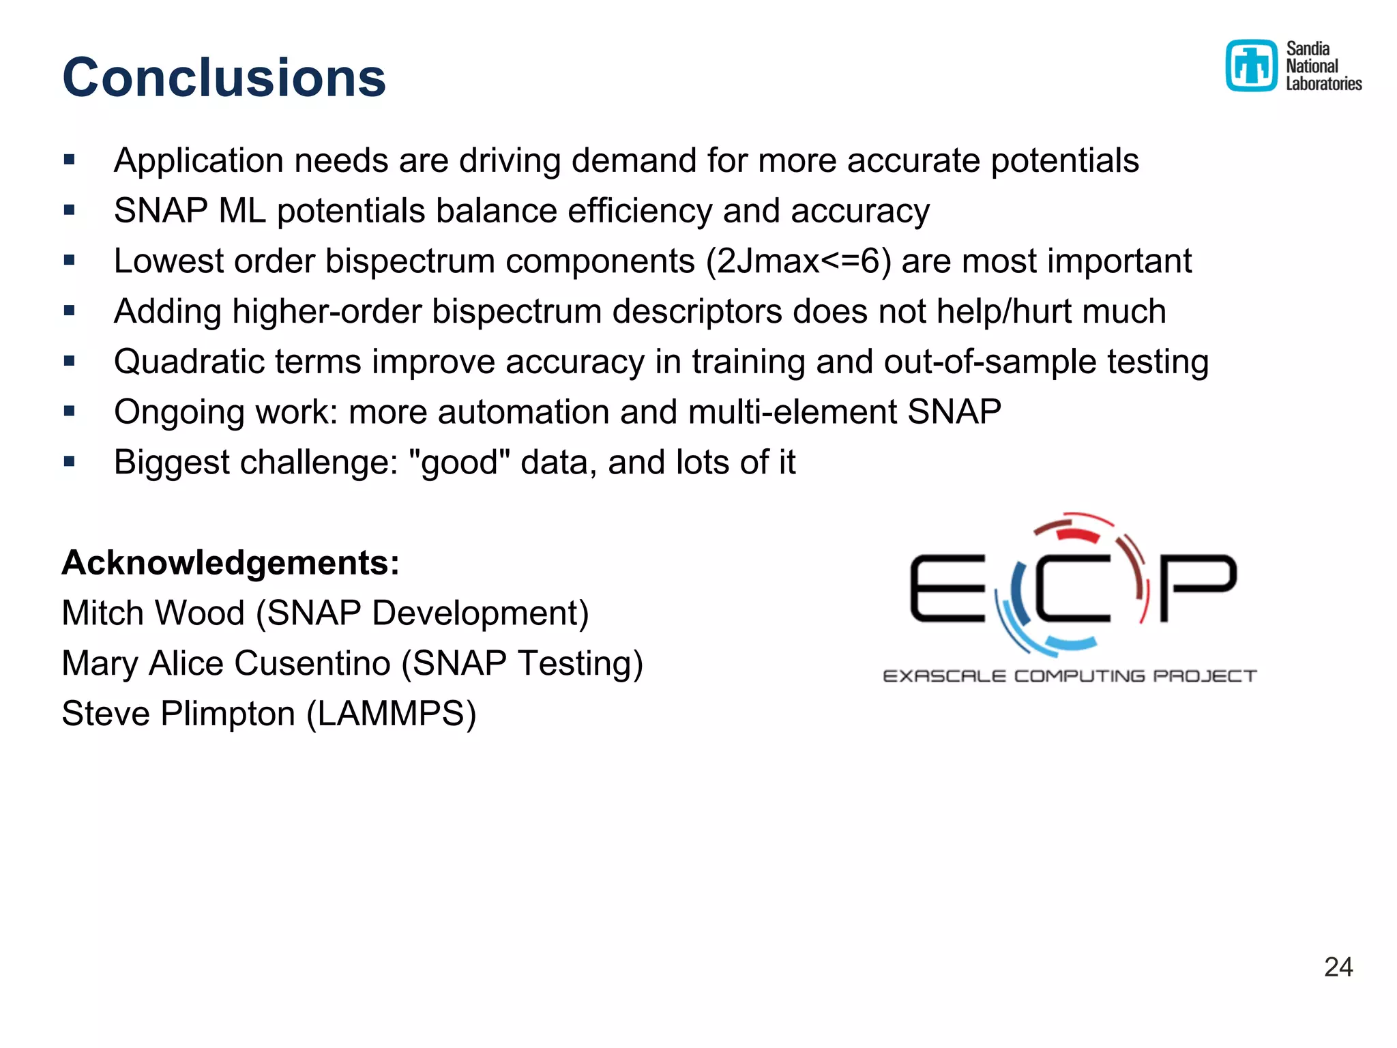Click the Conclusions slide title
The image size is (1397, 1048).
coord(224,77)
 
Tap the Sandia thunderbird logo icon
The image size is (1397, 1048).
coord(1250,65)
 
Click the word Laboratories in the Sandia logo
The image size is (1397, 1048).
coord(1323,84)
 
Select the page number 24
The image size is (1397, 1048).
coord(1338,967)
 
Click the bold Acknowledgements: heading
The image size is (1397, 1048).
coord(231,563)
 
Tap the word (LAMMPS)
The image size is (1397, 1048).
coord(392,714)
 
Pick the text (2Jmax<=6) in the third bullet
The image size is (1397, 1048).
coord(798,261)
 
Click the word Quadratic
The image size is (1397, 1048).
coord(189,362)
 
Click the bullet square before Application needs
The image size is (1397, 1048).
coord(69,160)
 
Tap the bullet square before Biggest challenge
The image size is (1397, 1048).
coord(69,462)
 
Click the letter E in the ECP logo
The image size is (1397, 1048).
coord(947,588)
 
